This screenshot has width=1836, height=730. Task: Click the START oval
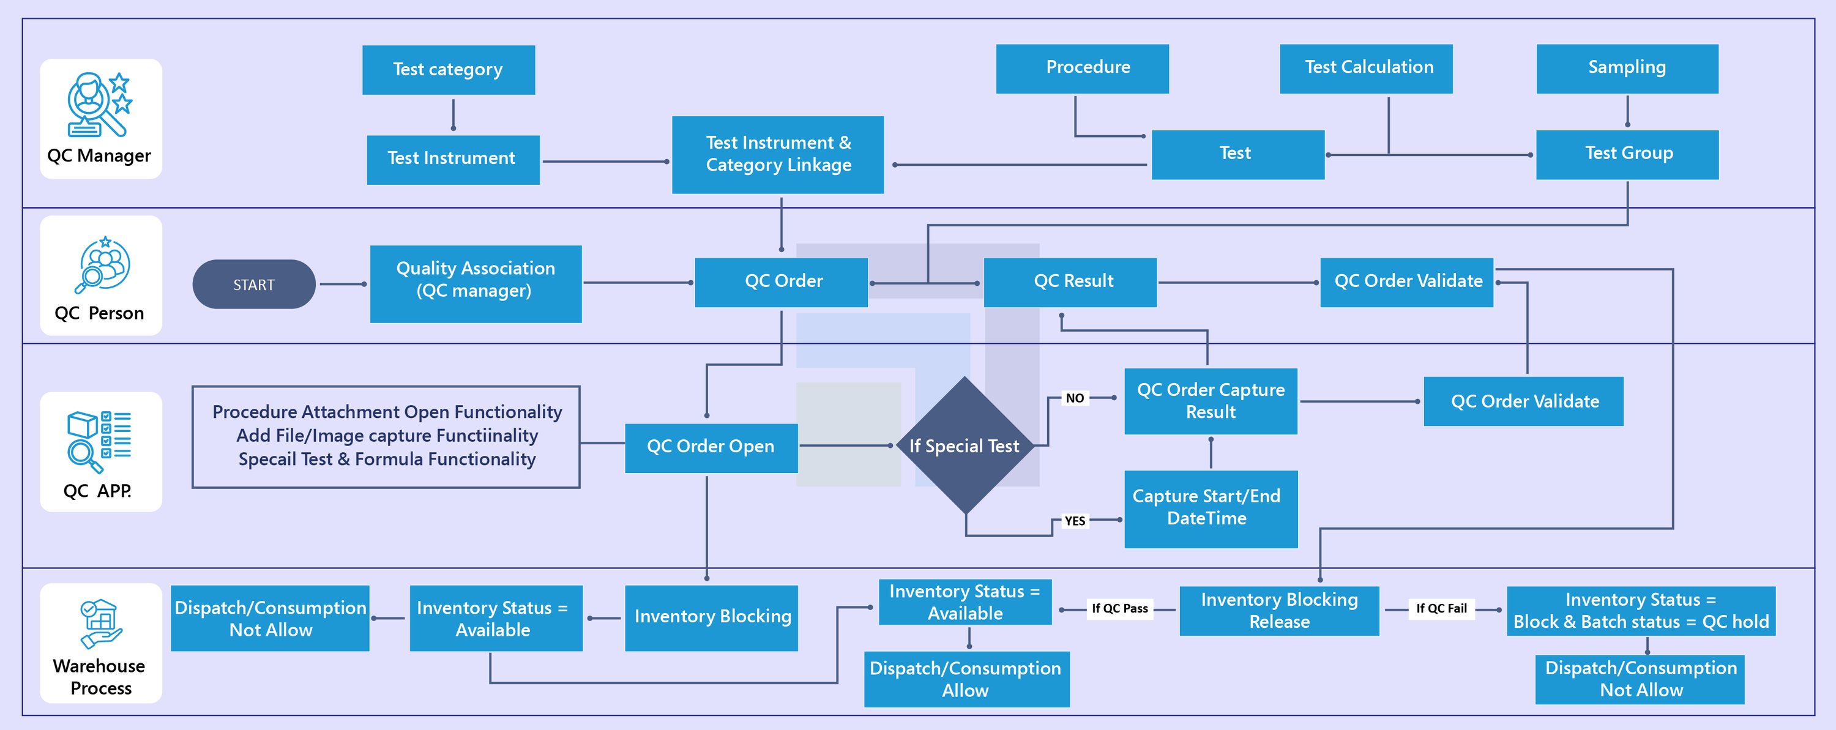pos(254,285)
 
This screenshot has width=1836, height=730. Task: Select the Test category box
pos(449,70)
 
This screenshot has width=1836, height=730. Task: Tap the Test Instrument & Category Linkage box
pos(778,155)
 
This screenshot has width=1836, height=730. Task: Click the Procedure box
pos(1082,69)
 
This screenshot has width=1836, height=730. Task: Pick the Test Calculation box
pos(1365,69)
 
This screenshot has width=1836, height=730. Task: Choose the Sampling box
pos(1627,69)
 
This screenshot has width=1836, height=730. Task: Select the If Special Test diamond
pos(965,445)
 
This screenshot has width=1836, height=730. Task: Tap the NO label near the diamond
pos(1075,398)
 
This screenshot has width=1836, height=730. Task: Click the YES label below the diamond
pos(1075,520)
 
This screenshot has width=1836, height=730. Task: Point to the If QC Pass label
pos(1120,608)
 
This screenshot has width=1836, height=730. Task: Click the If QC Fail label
pos(1441,608)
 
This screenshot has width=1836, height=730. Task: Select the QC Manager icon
pos(100,104)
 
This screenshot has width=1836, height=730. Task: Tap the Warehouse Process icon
pos(100,624)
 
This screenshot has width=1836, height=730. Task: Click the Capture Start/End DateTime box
pos(1210,508)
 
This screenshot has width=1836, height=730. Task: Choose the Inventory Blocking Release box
pos(1278,610)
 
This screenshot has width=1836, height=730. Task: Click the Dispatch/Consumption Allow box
pos(966,679)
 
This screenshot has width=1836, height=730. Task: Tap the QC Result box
pos(1070,282)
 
